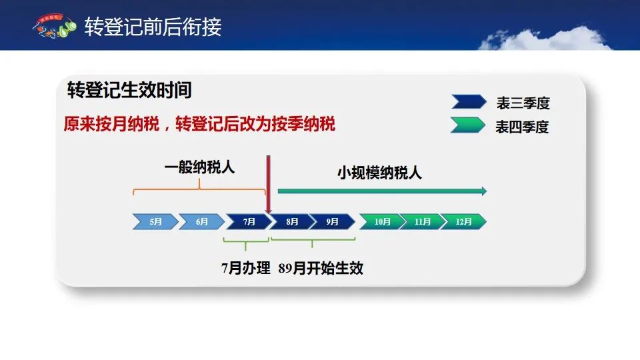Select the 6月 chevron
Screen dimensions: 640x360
click(x=201, y=221)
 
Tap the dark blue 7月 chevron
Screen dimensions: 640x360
click(x=249, y=221)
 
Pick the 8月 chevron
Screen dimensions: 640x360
click(x=291, y=221)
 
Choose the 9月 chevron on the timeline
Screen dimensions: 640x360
click(x=332, y=221)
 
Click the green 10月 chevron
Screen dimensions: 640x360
click(x=381, y=221)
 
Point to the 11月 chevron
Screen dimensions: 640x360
click(x=422, y=221)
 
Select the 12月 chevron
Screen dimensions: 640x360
click(x=463, y=221)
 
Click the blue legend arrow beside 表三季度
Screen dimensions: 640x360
click(x=469, y=101)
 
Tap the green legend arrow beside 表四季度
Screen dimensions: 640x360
click(x=468, y=125)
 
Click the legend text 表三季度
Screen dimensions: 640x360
click(x=523, y=103)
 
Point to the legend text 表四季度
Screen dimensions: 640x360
click(x=521, y=127)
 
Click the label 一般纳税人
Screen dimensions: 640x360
click(x=199, y=167)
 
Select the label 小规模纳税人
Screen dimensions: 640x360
click(x=379, y=173)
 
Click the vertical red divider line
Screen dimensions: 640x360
click(x=268, y=185)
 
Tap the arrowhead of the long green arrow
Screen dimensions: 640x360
click(x=484, y=191)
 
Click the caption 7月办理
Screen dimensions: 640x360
click(x=246, y=268)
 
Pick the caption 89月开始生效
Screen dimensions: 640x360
click(x=321, y=268)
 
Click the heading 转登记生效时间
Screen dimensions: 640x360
click(x=129, y=90)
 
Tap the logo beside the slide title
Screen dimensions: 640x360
click(x=54, y=26)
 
